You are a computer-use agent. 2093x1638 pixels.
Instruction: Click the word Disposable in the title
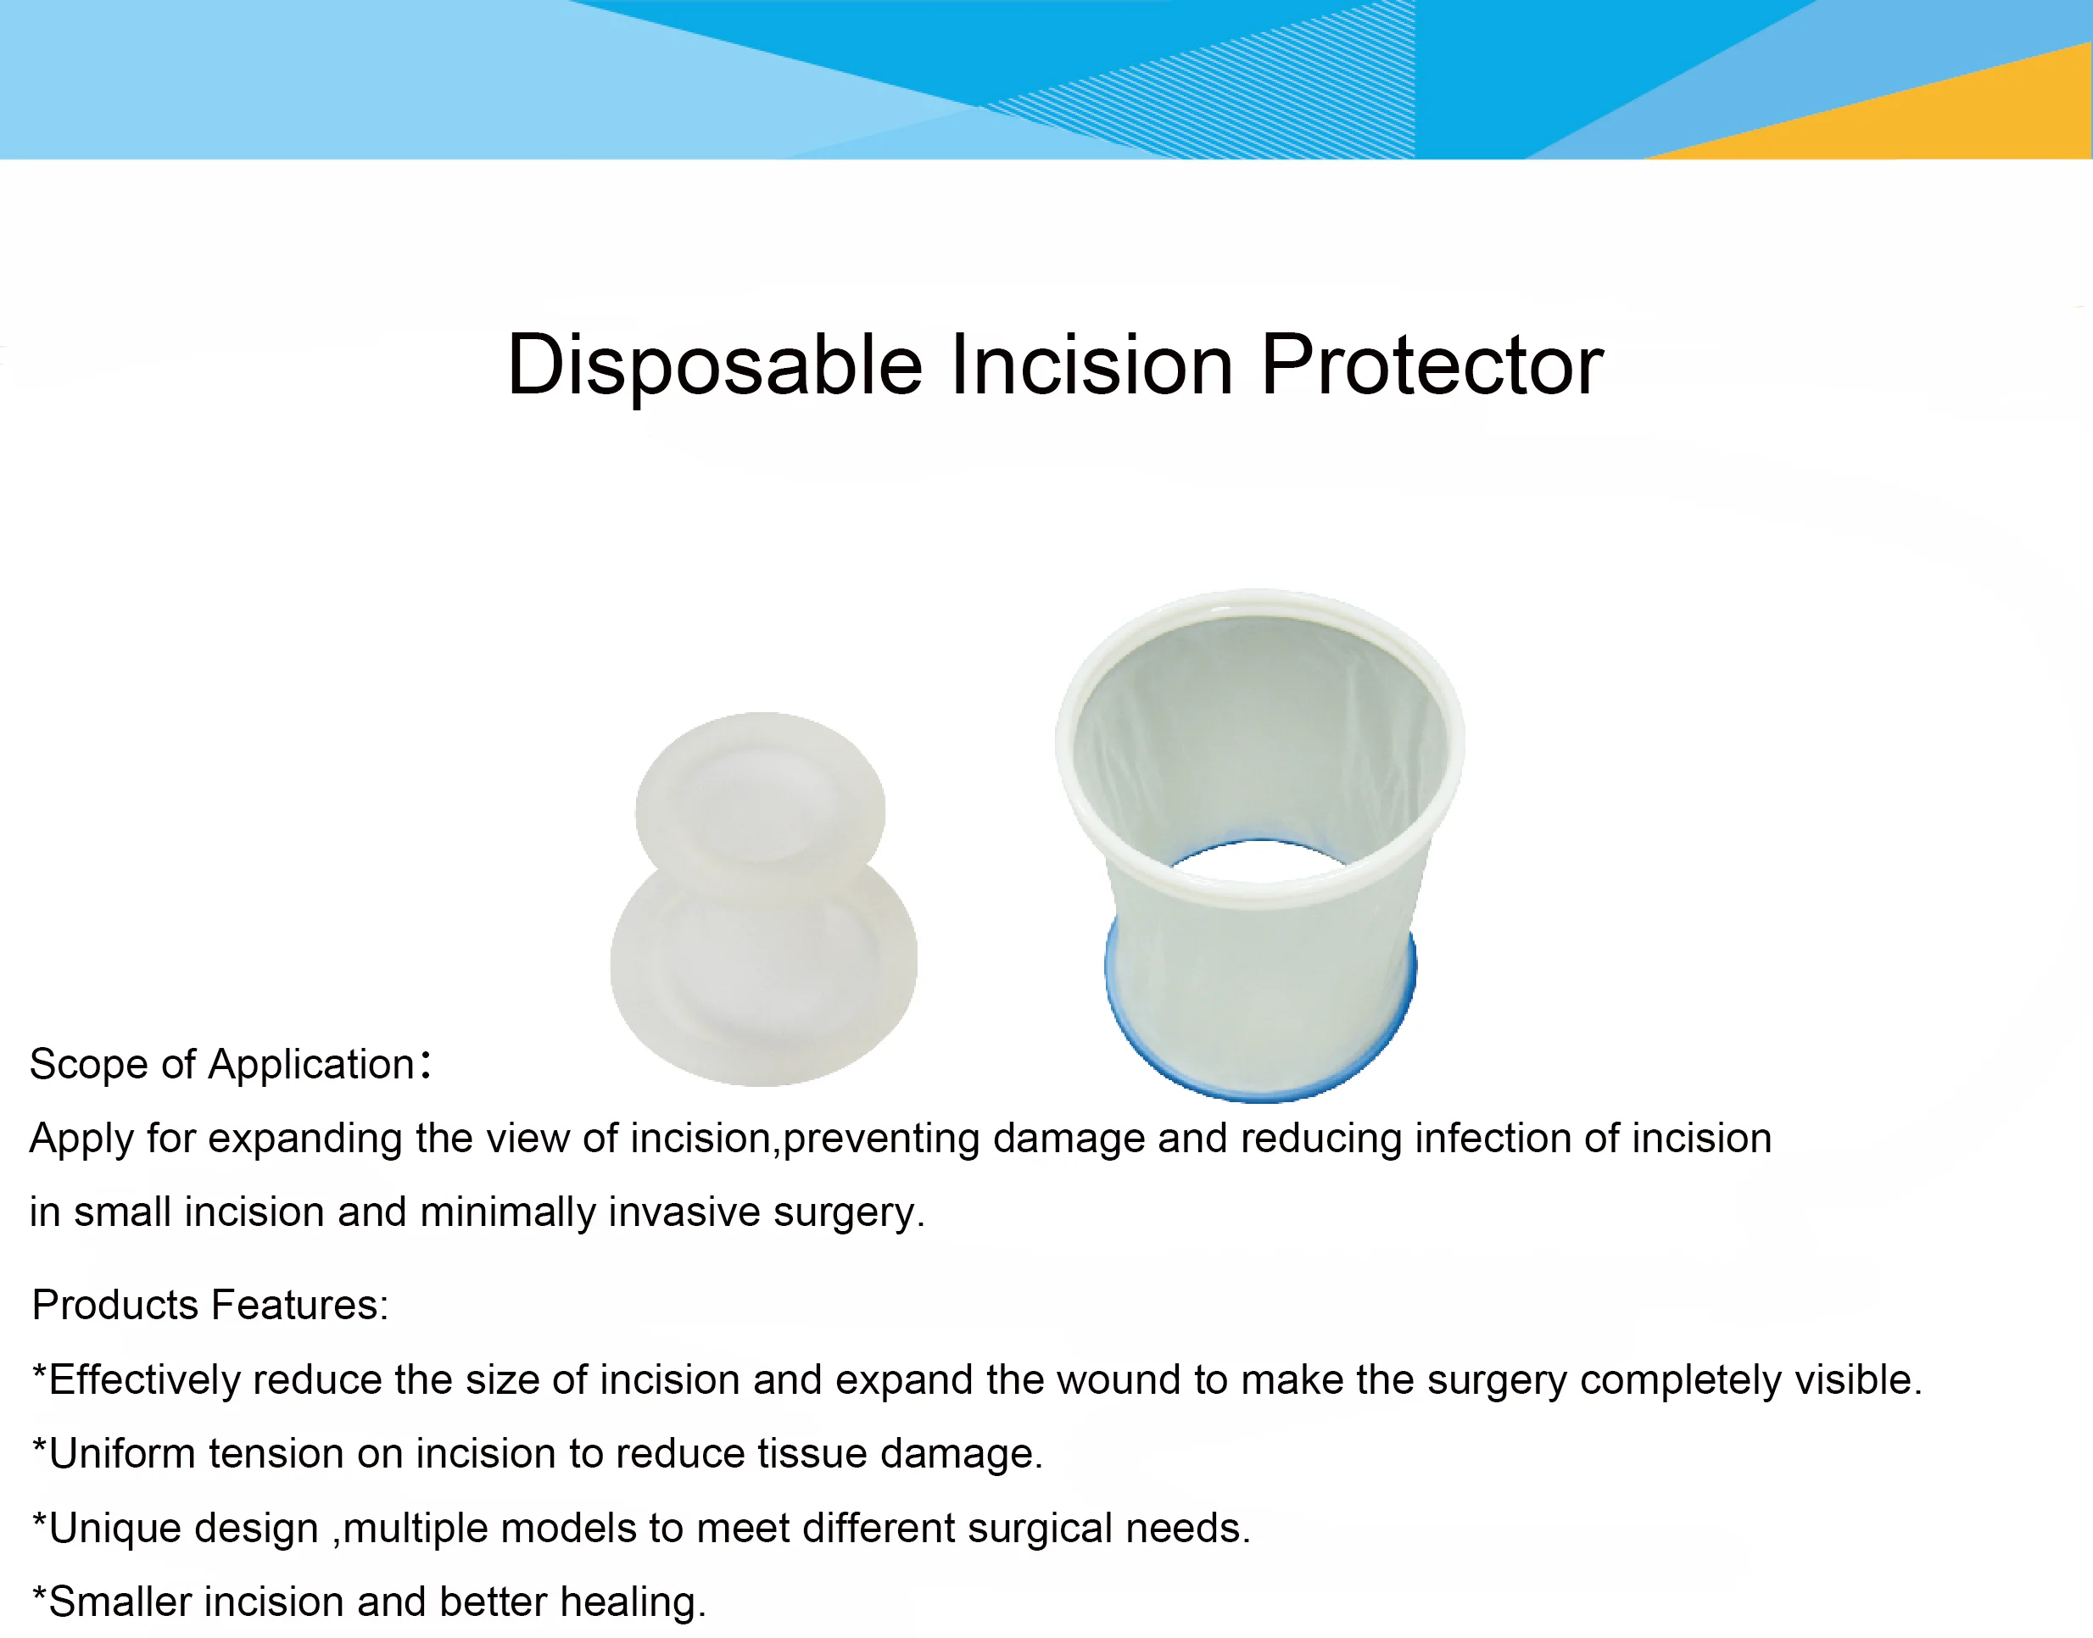click(x=715, y=365)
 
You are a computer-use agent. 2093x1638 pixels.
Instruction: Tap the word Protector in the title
click(x=1432, y=365)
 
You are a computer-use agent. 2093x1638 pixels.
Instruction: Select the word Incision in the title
click(x=1091, y=365)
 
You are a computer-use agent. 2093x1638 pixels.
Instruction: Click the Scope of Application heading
click(x=230, y=1063)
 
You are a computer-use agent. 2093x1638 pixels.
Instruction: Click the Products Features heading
click(x=210, y=1304)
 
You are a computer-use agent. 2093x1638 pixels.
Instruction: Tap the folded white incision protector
click(x=763, y=899)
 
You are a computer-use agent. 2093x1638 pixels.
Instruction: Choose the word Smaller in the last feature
click(x=120, y=1602)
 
